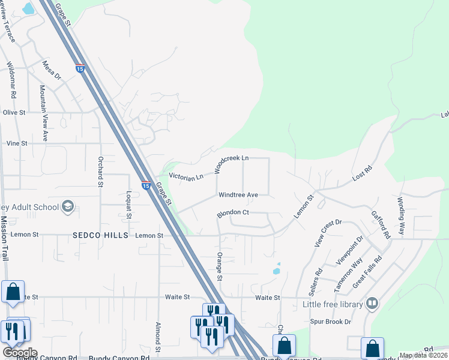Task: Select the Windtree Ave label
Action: click(x=238, y=195)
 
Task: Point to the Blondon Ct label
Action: click(x=234, y=212)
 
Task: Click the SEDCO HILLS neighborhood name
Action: click(x=101, y=235)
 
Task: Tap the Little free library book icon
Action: click(x=373, y=304)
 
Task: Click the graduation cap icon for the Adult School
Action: click(x=68, y=207)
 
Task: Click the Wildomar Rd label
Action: click(x=12, y=79)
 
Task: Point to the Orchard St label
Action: click(x=100, y=172)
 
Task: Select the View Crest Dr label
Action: click(x=328, y=233)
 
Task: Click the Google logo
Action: click(x=20, y=353)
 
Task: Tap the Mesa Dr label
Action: click(x=52, y=70)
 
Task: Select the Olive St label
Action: click(x=14, y=112)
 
